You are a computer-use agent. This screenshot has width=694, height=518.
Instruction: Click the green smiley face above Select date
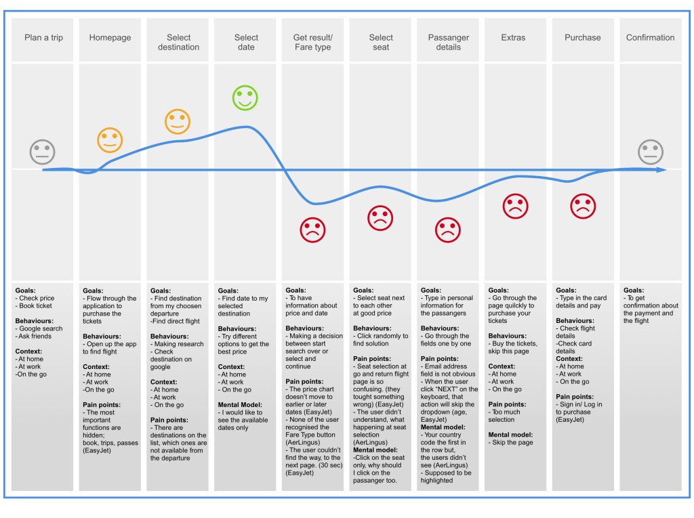click(245, 98)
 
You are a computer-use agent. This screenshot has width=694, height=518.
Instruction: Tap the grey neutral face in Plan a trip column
click(42, 152)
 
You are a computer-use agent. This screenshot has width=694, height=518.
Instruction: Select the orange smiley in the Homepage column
click(110, 139)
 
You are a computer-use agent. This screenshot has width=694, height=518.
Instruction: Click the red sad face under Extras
click(515, 206)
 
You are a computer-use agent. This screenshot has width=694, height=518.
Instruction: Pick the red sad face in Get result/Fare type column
click(312, 230)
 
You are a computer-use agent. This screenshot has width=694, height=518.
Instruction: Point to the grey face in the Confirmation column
click(650, 152)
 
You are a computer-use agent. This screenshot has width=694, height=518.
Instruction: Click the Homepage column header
click(110, 37)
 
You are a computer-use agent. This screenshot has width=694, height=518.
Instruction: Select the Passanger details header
click(448, 42)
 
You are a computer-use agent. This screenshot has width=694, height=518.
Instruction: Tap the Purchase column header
click(582, 37)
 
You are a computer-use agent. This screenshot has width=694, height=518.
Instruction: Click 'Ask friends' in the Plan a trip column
click(36, 337)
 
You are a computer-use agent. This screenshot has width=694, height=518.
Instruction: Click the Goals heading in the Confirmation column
click(634, 290)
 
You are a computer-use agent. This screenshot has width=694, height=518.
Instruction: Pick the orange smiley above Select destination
click(178, 122)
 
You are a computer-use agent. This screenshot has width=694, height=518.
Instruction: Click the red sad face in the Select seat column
click(380, 218)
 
